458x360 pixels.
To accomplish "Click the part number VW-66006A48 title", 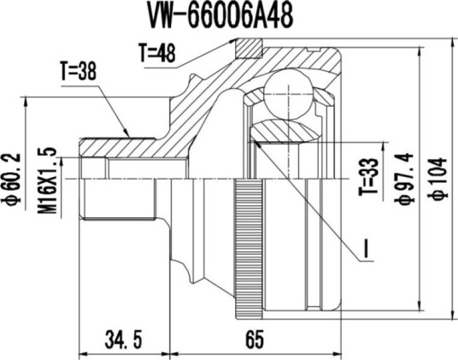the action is tap(220, 17).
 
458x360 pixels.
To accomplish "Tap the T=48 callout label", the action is tap(157, 53).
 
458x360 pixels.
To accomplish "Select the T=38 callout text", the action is tap(79, 71).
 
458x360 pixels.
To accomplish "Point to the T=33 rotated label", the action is tap(368, 177).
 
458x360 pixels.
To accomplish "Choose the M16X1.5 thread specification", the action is tap(47, 180).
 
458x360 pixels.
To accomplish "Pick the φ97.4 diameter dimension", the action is tap(404, 179).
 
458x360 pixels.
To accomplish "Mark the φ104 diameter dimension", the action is tap(439, 179).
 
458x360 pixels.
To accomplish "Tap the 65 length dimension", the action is tap(255, 339).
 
